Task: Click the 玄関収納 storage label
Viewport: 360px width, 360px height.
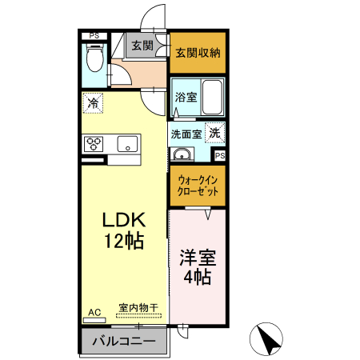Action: point(198,53)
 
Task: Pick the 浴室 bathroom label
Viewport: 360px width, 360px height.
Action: point(186,97)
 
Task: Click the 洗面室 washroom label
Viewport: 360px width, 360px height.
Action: point(185,134)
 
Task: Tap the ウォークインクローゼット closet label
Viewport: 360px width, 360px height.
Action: point(198,186)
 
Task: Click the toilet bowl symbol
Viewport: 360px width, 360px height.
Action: point(94,58)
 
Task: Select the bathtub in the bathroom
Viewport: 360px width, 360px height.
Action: point(213,98)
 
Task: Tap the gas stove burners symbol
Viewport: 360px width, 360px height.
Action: point(93,145)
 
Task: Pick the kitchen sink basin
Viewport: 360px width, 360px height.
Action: point(126,145)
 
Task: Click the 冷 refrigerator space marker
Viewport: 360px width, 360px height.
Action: point(94,102)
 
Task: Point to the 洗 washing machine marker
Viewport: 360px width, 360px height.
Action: point(214,133)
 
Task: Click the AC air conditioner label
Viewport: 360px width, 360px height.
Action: point(94,312)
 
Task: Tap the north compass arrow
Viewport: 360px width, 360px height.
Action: point(268,339)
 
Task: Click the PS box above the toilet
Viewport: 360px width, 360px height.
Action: point(94,36)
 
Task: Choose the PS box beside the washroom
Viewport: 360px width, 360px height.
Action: point(219,155)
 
